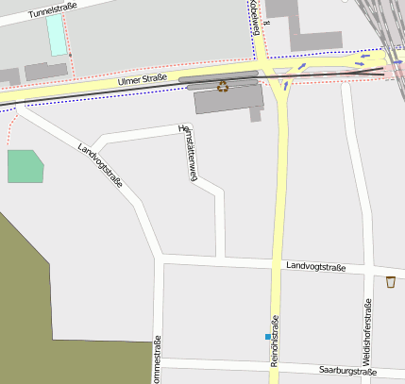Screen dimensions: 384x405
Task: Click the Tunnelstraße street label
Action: point(51,11)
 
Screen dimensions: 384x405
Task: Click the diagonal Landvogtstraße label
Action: point(102,165)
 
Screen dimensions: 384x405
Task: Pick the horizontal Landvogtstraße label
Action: point(316,267)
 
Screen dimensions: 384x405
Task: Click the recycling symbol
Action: point(223,87)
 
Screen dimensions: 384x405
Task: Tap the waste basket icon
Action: point(391,281)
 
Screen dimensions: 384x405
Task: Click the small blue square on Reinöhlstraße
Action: point(268,336)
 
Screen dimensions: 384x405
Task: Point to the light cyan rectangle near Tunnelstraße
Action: point(57,35)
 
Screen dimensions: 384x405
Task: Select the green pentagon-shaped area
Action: point(25,166)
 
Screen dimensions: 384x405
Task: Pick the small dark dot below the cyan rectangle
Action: point(70,56)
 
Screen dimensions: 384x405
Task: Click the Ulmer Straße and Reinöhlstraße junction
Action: point(279,75)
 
